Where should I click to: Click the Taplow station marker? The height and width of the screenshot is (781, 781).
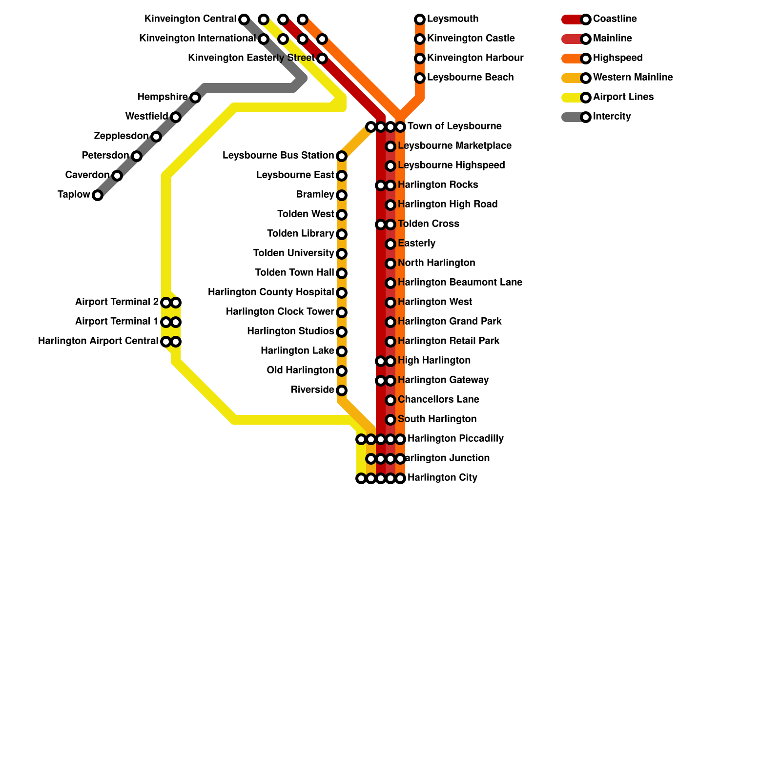tap(98, 195)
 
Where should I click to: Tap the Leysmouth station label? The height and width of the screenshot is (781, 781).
tap(452, 19)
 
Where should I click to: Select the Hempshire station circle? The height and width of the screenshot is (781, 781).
tap(195, 98)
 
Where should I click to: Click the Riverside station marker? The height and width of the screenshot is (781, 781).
tap(342, 390)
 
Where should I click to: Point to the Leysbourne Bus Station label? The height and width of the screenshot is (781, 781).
tap(278, 156)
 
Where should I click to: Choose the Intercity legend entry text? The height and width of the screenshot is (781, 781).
tap(612, 117)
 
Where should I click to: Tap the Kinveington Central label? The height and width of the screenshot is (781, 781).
tap(190, 19)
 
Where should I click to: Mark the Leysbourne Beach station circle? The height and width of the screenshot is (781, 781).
tap(420, 78)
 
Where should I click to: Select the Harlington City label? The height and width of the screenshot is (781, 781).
tap(442, 478)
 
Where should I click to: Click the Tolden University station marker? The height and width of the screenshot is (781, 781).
tap(342, 254)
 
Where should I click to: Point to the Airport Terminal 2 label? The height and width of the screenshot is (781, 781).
tap(117, 302)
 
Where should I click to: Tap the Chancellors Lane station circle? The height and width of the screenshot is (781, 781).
tap(390, 400)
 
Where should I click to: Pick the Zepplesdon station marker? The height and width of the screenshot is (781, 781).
tap(156, 137)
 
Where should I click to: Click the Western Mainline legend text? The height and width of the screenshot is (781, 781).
tap(633, 78)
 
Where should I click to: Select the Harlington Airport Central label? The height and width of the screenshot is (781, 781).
tap(98, 341)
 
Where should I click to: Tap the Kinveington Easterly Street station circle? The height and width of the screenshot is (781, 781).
tap(322, 59)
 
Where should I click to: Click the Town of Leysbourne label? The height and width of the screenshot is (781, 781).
tap(454, 126)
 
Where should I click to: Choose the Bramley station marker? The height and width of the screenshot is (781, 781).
tap(342, 195)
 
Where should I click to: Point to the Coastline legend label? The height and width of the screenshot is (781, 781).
tap(615, 19)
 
